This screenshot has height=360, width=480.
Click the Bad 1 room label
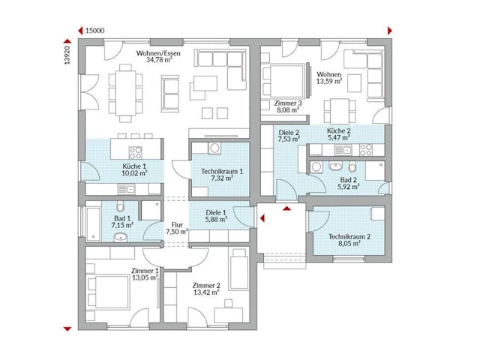click(x=122, y=217)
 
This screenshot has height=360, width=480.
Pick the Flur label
click(x=176, y=224)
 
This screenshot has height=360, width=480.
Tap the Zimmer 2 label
click(x=206, y=285)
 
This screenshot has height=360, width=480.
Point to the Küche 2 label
click(x=338, y=131)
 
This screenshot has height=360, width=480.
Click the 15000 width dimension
click(x=94, y=31)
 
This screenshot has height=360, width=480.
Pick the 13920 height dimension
click(x=67, y=55)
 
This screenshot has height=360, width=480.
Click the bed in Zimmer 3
click(x=283, y=81)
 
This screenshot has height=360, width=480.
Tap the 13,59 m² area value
click(x=329, y=82)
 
